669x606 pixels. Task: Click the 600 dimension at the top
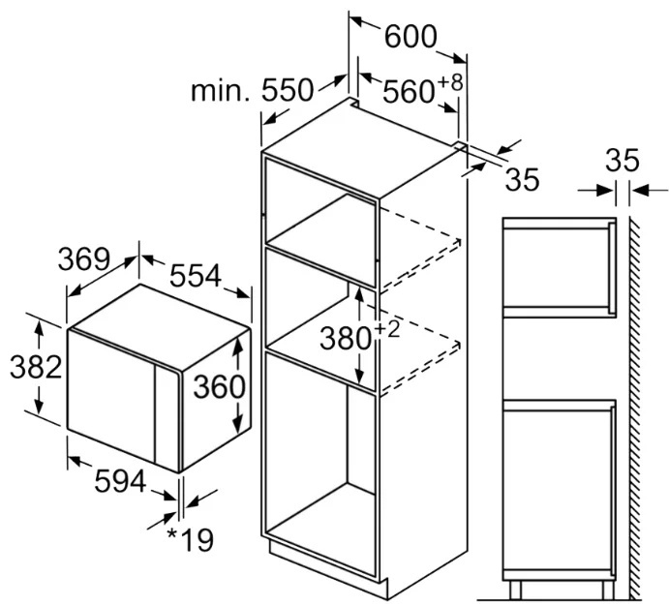[411, 37]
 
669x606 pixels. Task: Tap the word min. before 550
[220, 90]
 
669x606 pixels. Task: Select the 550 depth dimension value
[288, 90]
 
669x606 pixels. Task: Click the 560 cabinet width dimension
[409, 92]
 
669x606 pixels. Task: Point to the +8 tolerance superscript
[449, 82]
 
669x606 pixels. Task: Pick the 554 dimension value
[196, 276]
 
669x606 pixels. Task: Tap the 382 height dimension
[36, 367]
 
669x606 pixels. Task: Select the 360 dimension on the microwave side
[220, 387]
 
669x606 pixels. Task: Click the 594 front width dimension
[120, 481]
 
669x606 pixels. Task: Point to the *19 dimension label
[191, 540]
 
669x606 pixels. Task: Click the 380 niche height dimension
[346, 339]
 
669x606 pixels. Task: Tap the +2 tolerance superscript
[387, 329]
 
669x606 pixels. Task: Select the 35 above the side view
[623, 161]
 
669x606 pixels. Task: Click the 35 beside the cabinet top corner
[522, 179]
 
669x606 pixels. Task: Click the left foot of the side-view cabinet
[515, 590]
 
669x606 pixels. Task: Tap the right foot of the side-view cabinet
[607, 590]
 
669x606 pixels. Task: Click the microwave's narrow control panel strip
[167, 416]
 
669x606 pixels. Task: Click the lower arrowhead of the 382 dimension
[40, 406]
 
